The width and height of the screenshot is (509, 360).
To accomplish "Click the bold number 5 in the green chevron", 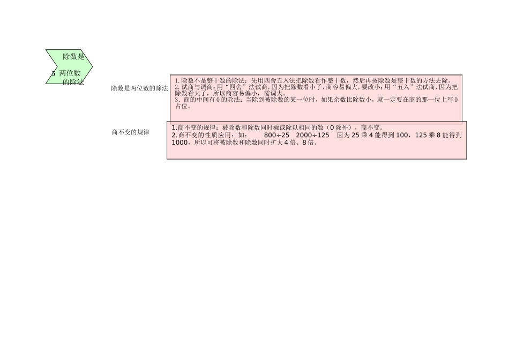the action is click(x=54, y=73).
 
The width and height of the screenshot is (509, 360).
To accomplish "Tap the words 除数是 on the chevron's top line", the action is click(x=73, y=57).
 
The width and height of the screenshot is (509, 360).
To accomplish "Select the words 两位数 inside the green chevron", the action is click(x=70, y=73).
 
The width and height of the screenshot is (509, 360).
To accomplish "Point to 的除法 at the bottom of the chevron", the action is click(x=73, y=82).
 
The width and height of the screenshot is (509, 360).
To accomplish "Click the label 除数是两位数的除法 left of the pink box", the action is click(x=139, y=88).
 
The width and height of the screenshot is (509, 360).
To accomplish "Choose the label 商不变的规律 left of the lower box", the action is click(x=130, y=132).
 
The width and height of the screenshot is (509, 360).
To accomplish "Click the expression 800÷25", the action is click(x=276, y=136).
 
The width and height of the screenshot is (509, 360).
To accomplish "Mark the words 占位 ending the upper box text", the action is click(x=183, y=106).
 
